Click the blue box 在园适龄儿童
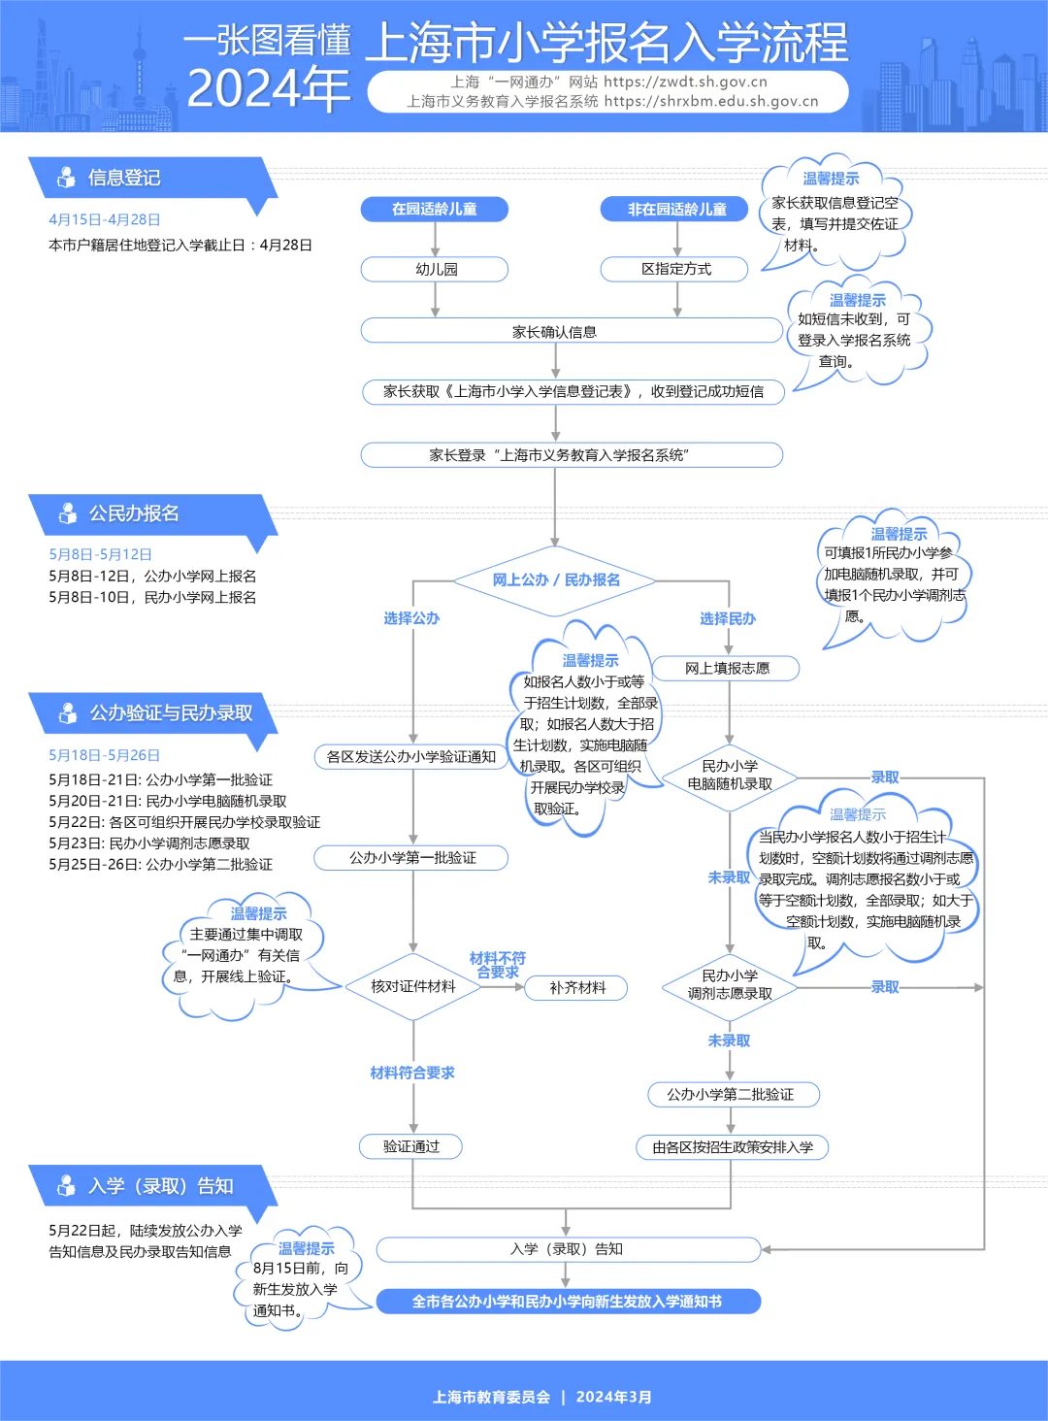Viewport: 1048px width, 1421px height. (434, 209)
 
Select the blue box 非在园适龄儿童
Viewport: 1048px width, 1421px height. (675, 209)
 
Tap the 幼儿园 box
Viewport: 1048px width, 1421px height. (435, 269)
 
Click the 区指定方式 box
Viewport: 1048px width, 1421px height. (675, 269)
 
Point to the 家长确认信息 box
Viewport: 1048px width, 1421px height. (555, 332)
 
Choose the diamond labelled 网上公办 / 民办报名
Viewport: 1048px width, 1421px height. (555, 579)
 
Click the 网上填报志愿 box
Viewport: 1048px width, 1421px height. (727, 668)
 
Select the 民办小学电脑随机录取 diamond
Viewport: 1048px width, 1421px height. (730, 776)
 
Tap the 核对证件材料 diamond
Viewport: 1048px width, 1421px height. (412, 986)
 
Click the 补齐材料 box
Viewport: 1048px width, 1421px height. (576, 987)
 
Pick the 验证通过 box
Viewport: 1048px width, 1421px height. (410, 1146)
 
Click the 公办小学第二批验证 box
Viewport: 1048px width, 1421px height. (731, 1094)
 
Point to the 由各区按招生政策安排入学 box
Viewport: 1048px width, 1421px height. (732, 1147)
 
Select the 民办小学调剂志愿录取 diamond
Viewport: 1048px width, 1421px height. (730, 985)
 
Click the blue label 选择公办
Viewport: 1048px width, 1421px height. (411, 618)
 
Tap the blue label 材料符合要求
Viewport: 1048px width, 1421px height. (412, 1073)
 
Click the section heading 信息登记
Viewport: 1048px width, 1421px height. (124, 178)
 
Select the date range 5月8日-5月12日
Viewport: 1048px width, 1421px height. (100, 554)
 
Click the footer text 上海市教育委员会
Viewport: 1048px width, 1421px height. (491, 1397)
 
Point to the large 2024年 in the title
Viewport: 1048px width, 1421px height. (268, 89)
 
